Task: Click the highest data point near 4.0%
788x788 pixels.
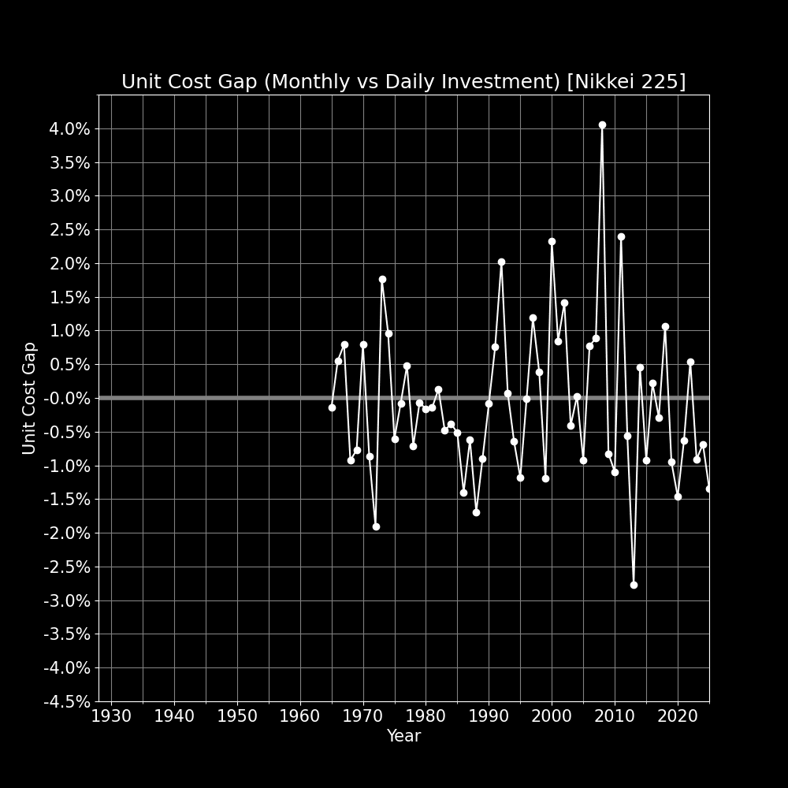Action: coord(602,125)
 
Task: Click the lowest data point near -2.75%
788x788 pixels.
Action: coord(634,585)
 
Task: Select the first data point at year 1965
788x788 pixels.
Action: coord(332,407)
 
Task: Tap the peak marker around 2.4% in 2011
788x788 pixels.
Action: coord(621,236)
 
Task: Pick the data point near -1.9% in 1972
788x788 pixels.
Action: coord(376,526)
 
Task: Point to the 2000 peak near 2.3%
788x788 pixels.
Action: coord(552,242)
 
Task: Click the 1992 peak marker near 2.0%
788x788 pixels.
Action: coord(501,262)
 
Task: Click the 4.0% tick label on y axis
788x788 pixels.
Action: coord(69,128)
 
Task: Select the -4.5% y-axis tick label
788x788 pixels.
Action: coord(67,701)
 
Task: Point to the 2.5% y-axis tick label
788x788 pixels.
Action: coord(69,229)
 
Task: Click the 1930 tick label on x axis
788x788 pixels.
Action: coord(111,716)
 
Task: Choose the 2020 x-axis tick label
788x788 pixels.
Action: coord(678,716)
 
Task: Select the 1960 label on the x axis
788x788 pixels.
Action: coord(300,716)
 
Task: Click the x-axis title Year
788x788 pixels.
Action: coord(403,736)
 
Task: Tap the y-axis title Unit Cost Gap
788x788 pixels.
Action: coord(29,398)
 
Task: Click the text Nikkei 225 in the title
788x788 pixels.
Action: coord(626,82)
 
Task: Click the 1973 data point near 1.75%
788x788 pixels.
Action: coord(382,279)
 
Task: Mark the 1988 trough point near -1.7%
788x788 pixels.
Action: coord(476,512)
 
